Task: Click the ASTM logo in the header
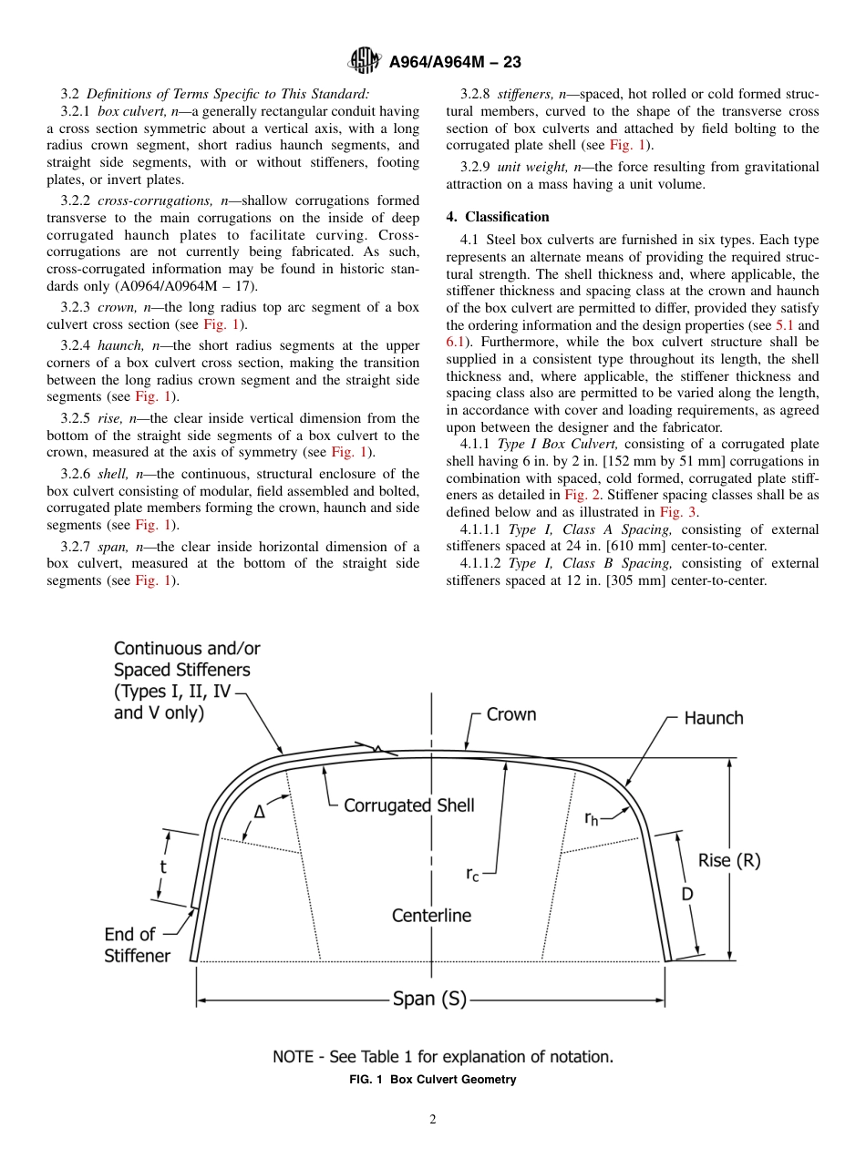click(x=365, y=62)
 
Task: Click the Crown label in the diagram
click(x=510, y=715)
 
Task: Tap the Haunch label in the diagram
click(x=713, y=718)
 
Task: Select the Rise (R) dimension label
click(x=729, y=860)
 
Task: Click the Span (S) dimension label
click(x=429, y=999)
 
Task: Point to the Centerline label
click(x=431, y=915)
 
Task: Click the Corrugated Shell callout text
click(x=408, y=805)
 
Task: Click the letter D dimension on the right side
click(x=687, y=894)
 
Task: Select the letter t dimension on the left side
click(x=163, y=867)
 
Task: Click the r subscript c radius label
click(x=472, y=875)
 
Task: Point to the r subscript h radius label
click(x=592, y=818)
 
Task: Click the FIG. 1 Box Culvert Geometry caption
click(x=433, y=1080)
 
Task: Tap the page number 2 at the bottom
click(x=433, y=1120)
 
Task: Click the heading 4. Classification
click(x=498, y=217)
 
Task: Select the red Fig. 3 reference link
click(x=678, y=512)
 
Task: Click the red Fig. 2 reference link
click(x=582, y=495)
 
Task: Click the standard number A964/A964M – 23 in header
click(x=454, y=63)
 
